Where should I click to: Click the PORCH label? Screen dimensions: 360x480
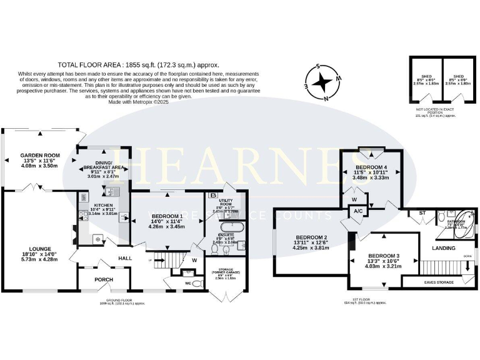coord(103,279)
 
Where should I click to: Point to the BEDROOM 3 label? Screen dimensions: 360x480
coord(384,256)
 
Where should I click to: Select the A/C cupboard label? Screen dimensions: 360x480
coord(358,211)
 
